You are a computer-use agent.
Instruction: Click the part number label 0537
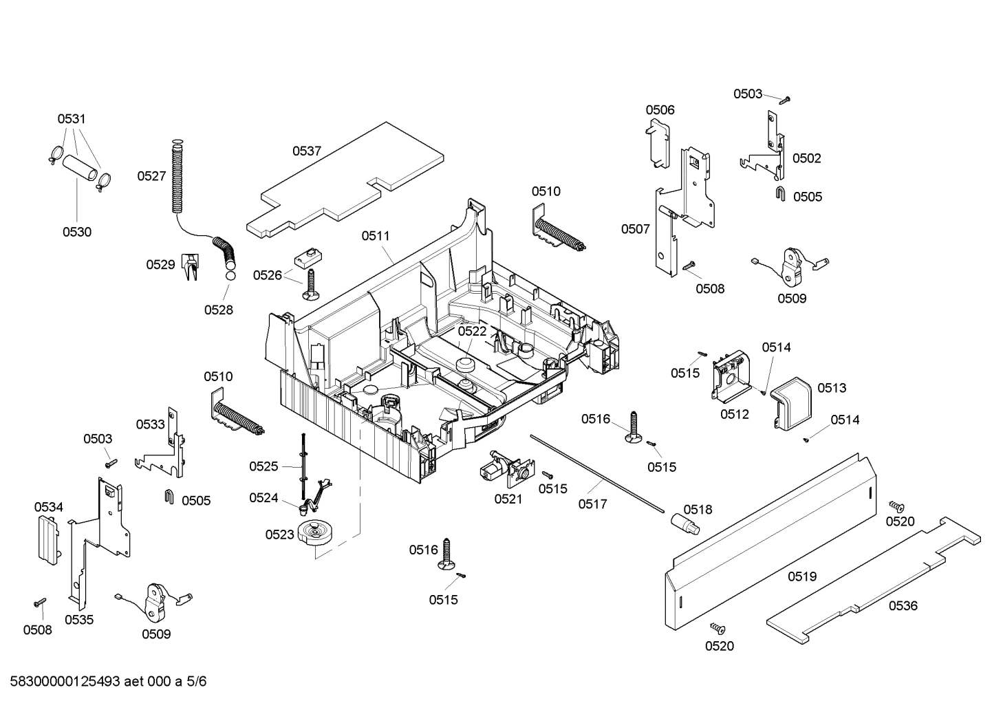pos(307,151)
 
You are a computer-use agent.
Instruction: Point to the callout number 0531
pos(72,119)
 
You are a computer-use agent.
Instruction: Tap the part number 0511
pos(376,236)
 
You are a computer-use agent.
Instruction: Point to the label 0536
pos(903,605)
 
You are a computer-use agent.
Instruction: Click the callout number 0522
pos(472,331)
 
